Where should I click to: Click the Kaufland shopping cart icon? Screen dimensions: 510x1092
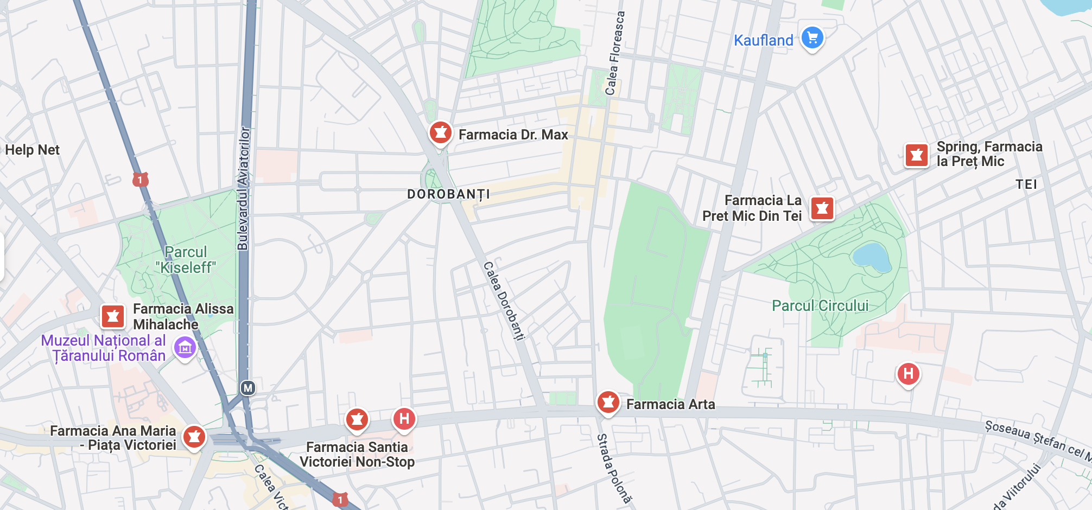point(812,38)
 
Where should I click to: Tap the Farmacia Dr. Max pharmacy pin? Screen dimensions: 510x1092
point(440,132)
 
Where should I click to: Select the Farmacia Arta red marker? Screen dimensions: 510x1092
point(608,402)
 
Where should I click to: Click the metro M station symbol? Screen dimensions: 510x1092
point(248,388)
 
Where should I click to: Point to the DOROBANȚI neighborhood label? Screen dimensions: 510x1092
point(448,194)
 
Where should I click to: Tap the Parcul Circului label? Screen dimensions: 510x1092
point(820,305)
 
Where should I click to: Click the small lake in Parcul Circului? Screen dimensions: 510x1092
point(871,257)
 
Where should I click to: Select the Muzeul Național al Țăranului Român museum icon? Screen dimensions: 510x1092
point(185,347)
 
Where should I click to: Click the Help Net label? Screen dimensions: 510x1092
point(32,150)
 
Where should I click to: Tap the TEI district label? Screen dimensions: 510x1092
point(1026,184)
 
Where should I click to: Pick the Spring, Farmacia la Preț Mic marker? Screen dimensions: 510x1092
point(916,155)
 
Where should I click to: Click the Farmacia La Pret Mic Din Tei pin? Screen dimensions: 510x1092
point(822,208)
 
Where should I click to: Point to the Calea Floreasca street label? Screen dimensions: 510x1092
point(614,53)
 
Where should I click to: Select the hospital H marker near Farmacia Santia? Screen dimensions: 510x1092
point(404,418)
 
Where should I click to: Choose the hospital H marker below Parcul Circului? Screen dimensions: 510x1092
point(908,373)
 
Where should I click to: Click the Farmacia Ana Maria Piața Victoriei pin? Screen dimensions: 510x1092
point(194,436)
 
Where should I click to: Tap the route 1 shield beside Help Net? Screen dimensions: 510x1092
point(141,179)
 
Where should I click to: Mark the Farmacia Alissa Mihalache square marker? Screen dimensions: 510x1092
point(113,316)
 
